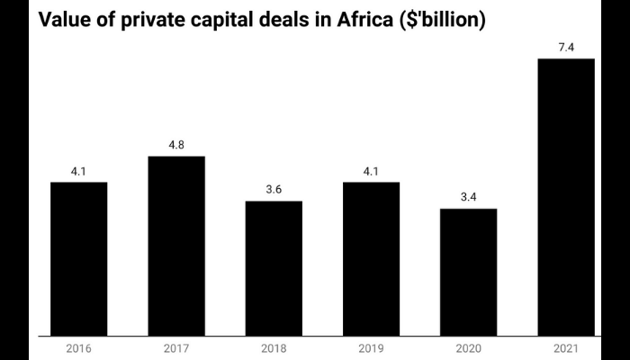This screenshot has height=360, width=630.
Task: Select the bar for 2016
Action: tap(78, 259)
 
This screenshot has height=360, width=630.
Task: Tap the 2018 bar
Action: tap(274, 268)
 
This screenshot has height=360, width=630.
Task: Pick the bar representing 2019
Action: tap(371, 259)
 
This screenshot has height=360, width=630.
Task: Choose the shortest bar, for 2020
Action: tap(468, 273)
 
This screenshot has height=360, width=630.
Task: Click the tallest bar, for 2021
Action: tap(565, 198)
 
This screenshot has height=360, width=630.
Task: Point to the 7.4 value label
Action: tap(565, 45)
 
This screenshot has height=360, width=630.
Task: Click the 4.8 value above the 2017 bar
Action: tap(176, 143)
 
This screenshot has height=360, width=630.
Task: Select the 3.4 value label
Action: tap(468, 195)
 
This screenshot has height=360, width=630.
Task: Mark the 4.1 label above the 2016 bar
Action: tap(78, 169)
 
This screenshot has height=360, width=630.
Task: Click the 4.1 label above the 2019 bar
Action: tap(371, 169)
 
